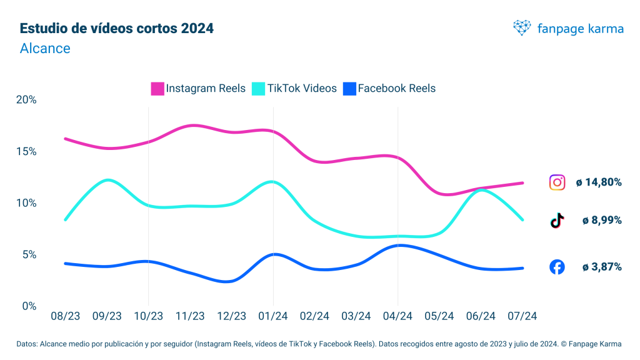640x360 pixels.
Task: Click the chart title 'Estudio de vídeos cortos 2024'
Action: [117, 29]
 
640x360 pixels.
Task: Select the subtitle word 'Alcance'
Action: [45, 48]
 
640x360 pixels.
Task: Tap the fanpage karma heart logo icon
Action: [522, 27]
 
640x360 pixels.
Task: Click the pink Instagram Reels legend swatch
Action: [157, 89]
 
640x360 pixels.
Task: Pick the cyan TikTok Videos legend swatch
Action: [258, 89]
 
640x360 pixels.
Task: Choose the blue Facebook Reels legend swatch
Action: [349, 89]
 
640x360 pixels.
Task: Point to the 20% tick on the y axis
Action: [27, 100]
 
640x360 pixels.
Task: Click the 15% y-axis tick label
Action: [27, 151]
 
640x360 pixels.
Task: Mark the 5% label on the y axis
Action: [29, 254]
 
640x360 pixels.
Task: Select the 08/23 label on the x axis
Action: [65, 317]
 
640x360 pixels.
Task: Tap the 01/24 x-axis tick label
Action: [273, 317]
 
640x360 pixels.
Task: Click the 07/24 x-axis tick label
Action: [522, 317]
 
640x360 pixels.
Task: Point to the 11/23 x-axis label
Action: [190, 317]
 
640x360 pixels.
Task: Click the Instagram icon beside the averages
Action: [557, 182]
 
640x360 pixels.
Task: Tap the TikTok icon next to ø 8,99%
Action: [557, 221]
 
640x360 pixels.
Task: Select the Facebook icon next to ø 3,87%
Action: [557, 267]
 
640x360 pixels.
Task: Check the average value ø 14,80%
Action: [598, 182]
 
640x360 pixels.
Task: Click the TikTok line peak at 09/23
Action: [107, 180]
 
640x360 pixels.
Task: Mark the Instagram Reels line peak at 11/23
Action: [193, 126]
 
